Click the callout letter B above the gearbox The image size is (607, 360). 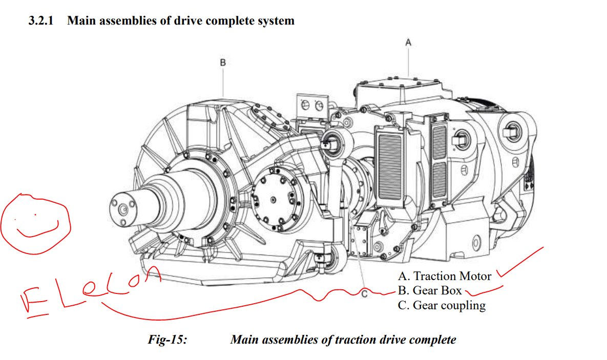point(223,62)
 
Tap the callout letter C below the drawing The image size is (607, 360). point(364,294)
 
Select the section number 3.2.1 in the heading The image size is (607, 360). point(44,21)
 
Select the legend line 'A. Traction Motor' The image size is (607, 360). point(445,277)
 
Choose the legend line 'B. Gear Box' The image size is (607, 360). point(430,291)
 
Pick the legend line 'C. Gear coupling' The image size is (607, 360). point(442,306)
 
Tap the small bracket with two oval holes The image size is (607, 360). point(312,106)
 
